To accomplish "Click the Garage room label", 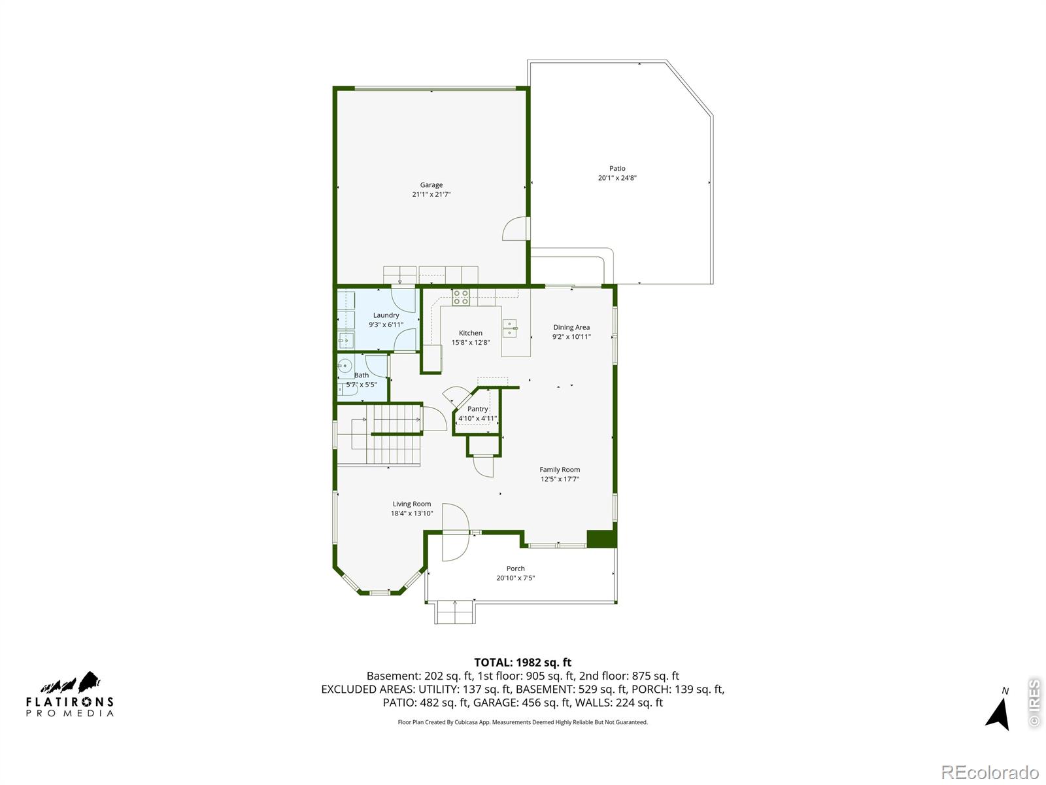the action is pyautogui.click(x=431, y=185).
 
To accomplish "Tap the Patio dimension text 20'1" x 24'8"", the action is pyautogui.click(x=616, y=178).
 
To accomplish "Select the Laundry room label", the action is pyautogui.click(x=386, y=315).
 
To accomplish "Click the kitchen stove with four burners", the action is pyautogui.click(x=460, y=297).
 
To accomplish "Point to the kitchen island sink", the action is pyautogui.click(x=509, y=328).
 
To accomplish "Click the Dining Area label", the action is pyautogui.click(x=571, y=327).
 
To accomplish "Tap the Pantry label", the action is pyautogui.click(x=477, y=409).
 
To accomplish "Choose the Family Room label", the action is pyautogui.click(x=560, y=470).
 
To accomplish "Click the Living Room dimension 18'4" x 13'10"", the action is pyautogui.click(x=411, y=514).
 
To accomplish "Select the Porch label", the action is pyautogui.click(x=515, y=568).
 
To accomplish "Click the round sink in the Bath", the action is pyautogui.click(x=344, y=366).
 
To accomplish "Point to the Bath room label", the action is pyautogui.click(x=361, y=375).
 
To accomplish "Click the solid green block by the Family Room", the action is pyautogui.click(x=601, y=538).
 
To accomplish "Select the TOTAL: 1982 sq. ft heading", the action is pyautogui.click(x=522, y=662).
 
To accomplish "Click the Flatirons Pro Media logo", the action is pyautogui.click(x=69, y=694).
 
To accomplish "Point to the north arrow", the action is pyautogui.click(x=998, y=713).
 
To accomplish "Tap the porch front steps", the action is pyautogui.click(x=454, y=612).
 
